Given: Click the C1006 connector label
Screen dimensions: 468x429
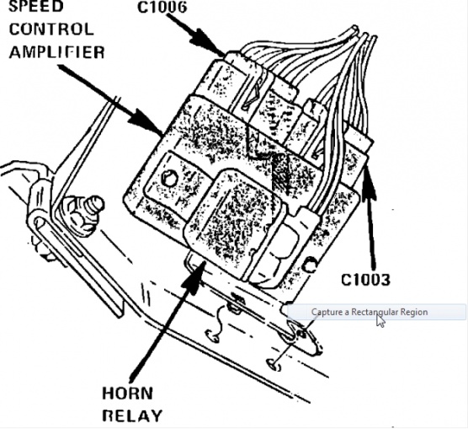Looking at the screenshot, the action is click(162, 7).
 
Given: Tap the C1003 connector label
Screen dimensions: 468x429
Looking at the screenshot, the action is click(365, 280).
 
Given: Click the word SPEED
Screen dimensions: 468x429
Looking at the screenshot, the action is click(36, 6).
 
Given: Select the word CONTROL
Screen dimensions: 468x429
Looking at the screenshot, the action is click(51, 29).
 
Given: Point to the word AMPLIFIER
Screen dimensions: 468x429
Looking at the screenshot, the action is click(57, 52).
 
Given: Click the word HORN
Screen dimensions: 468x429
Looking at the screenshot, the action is click(127, 393).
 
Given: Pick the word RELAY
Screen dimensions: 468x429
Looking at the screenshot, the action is click(132, 416).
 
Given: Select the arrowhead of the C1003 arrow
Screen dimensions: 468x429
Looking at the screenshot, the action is click(369, 183).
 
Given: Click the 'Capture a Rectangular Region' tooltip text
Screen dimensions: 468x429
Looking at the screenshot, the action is click(370, 312).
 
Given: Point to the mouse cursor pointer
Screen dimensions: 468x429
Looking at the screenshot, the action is click(380, 320).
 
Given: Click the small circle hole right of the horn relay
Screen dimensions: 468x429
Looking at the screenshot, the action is click(311, 265).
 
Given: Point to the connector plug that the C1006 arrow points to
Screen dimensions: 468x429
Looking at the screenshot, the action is click(239, 78).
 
